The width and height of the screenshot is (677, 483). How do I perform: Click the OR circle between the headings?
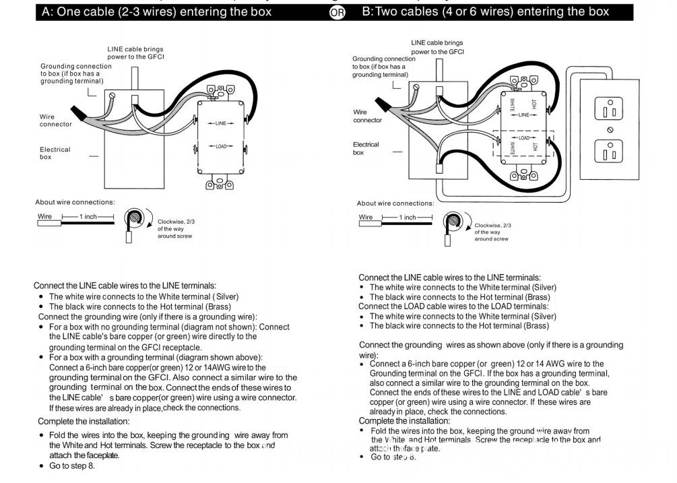coord(337,13)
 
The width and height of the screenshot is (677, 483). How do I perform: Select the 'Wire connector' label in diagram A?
coord(55,121)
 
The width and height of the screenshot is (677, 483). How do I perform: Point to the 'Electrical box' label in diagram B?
coord(366,148)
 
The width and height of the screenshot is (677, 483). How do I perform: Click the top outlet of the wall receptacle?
coord(609,108)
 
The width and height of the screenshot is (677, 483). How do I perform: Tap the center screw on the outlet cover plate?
coord(610,129)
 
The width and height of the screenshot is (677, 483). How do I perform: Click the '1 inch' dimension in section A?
coord(88,217)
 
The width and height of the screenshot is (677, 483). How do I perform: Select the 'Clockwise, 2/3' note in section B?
coord(492,226)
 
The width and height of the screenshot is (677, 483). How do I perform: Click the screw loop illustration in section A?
coord(136,219)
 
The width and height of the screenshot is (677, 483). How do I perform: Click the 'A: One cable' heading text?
coord(156,11)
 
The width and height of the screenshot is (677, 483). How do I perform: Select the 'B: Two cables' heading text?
coord(485,11)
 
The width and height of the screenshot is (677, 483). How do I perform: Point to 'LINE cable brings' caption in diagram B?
coord(437,43)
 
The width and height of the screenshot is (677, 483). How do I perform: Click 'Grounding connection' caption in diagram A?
coord(76,66)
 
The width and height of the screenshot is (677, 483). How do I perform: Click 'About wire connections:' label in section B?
coord(395,203)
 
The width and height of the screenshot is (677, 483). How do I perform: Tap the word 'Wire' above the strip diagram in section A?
coord(44,217)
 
